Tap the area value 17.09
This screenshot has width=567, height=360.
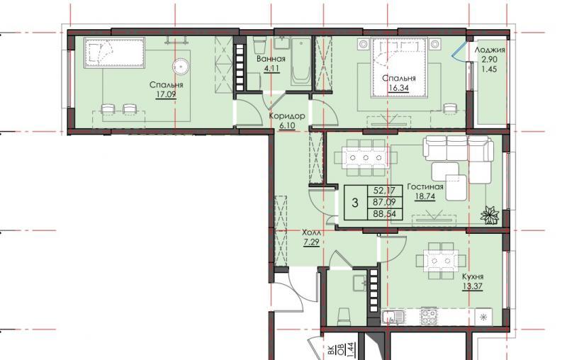click(166, 95)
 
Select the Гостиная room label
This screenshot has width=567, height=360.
click(425, 187)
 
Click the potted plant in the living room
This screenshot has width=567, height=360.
click(490, 214)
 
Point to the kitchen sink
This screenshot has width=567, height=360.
click(393, 317)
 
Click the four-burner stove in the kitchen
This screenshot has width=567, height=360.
click(429, 316)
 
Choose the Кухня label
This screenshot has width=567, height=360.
click(473, 277)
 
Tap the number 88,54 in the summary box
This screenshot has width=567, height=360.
click(384, 214)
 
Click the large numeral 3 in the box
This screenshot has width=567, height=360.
click(355, 203)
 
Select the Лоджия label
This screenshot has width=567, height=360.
click(490, 50)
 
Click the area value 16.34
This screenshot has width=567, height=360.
click(399, 88)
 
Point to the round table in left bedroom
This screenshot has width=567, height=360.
click(181, 67)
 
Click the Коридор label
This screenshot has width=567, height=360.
click(287, 116)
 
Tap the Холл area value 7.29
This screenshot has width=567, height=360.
click(311, 242)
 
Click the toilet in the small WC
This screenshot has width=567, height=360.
click(344, 315)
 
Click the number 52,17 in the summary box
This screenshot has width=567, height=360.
click(384, 190)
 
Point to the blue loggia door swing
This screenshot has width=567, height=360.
click(459, 50)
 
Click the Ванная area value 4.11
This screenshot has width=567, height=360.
click(271, 68)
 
